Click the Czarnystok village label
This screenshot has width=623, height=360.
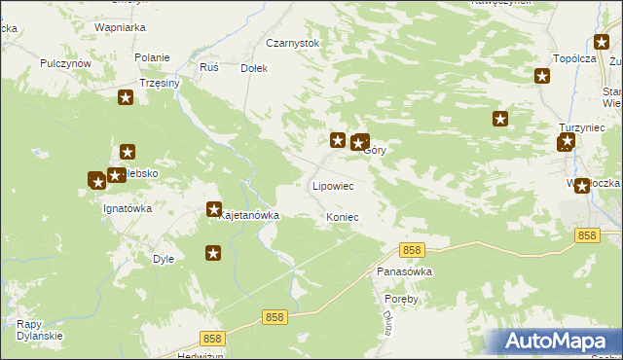click(293, 44)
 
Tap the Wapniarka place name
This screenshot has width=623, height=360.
click(120, 28)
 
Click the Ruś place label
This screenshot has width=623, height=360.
click(208, 68)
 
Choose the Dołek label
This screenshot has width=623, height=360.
click(254, 69)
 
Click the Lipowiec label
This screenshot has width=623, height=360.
click(332, 185)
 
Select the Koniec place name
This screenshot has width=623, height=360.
click(343, 217)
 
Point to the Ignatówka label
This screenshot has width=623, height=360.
click(129, 208)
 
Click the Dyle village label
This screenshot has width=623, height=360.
click(164, 259)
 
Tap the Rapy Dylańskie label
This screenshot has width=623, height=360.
click(40, 330)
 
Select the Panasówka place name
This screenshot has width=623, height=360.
click(404, 272)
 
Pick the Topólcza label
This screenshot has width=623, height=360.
click(573, 59)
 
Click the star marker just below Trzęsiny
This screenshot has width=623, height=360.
click(126, 97)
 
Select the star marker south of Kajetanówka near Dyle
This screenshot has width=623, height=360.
click(213, 253)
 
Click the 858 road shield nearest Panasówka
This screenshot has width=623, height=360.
click(412, 251)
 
